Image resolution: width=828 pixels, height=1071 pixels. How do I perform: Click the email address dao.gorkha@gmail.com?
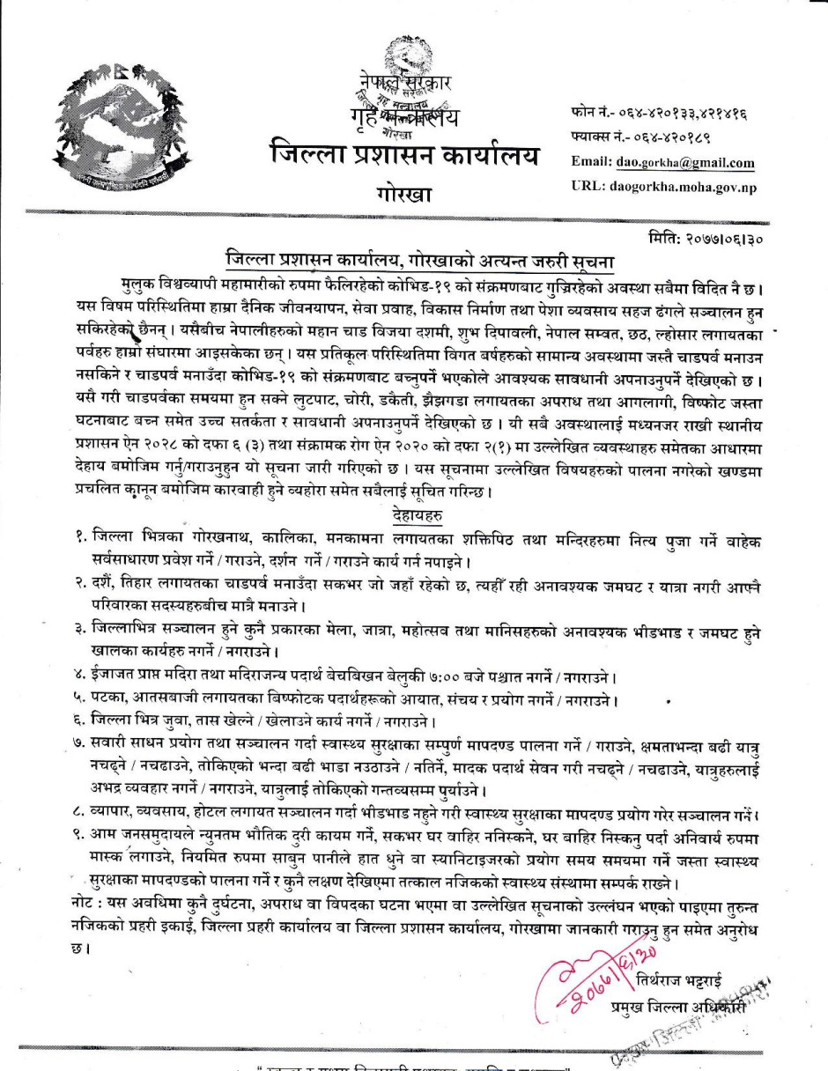pyautogui.click(x=686, y=163)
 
